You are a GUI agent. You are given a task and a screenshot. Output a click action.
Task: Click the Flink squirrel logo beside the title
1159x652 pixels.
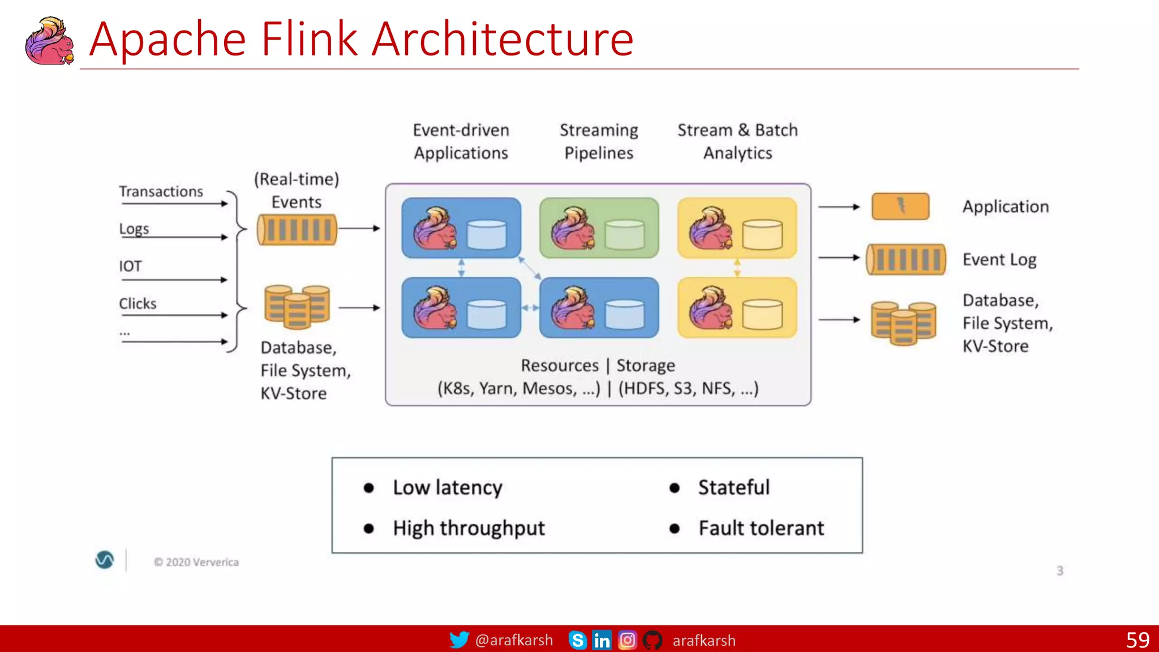coord(49,41)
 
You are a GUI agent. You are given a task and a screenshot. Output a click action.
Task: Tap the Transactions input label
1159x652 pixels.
coord(161,192)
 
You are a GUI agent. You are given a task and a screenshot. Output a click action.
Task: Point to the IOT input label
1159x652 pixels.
coord(130,266)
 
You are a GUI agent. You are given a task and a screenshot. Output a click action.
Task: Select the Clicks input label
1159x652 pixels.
coord(138,304)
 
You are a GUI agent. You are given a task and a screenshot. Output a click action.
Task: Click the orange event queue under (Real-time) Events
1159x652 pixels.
coord(297,230)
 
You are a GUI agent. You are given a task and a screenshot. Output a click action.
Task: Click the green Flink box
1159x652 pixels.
coord(599,228)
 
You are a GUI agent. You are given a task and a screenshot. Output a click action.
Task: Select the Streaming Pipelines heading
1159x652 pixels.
coord(599,141)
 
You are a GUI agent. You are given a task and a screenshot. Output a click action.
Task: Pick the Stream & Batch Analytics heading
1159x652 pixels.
coord(737,141)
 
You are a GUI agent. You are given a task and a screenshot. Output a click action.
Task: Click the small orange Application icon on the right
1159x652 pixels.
coord(900,207)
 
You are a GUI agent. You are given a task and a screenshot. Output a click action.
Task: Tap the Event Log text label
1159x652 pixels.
coord(999,260)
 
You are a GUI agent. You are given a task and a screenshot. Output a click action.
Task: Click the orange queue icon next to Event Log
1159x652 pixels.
coord(906,259)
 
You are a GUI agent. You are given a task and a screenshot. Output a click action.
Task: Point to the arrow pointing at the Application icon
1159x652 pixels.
coord(839,207)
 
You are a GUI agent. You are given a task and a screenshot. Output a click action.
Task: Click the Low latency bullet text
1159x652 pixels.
coord(447,488)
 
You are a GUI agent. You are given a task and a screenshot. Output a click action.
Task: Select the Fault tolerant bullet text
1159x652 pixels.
coord(761,529)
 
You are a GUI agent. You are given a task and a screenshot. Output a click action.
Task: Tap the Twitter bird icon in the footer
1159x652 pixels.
coord(459,640)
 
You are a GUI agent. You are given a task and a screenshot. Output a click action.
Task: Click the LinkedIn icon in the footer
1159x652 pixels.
coord(602,640)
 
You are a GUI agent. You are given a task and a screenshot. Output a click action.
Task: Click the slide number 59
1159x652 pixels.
coord(1137,640)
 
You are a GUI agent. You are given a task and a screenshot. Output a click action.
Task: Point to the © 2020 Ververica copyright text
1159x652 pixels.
coord(196,562)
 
